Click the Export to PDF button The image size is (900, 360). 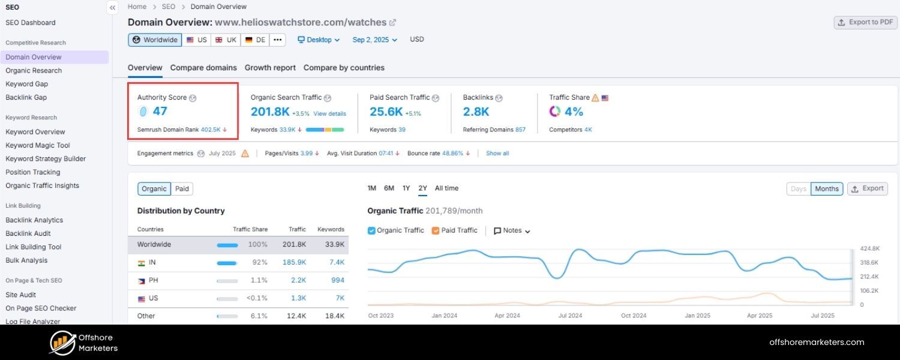click(x=865, y=22)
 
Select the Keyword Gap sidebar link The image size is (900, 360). click(x=26, y=84)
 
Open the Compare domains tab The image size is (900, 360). click(x=203, y=68)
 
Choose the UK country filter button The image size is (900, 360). click(x=226, y=40)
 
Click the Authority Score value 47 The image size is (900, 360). click(x=160, y=111)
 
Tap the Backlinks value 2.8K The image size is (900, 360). click(x=476, y=112)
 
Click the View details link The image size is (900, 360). click(x=329, y=113)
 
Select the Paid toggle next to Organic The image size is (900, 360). click(x=182, y=189)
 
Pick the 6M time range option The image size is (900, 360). click(x=389, y=188)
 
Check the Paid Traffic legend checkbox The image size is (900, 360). click(x=436, y=230)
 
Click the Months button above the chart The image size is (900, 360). click(x=826, y=189)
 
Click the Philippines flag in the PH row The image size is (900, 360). click(x=142, y=281)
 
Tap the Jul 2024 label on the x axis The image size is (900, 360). click(x=570, y=316)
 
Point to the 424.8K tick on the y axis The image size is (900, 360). click(x=869, y=248)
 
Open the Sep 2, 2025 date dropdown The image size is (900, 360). click(x=374, y=40)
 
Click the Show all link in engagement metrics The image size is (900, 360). click(x=497, y=154)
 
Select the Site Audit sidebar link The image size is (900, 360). click(x=21, y=295)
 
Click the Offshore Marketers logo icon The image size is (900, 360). click(x=62, y=343)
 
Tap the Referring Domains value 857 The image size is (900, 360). click(x=520, y=130)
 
